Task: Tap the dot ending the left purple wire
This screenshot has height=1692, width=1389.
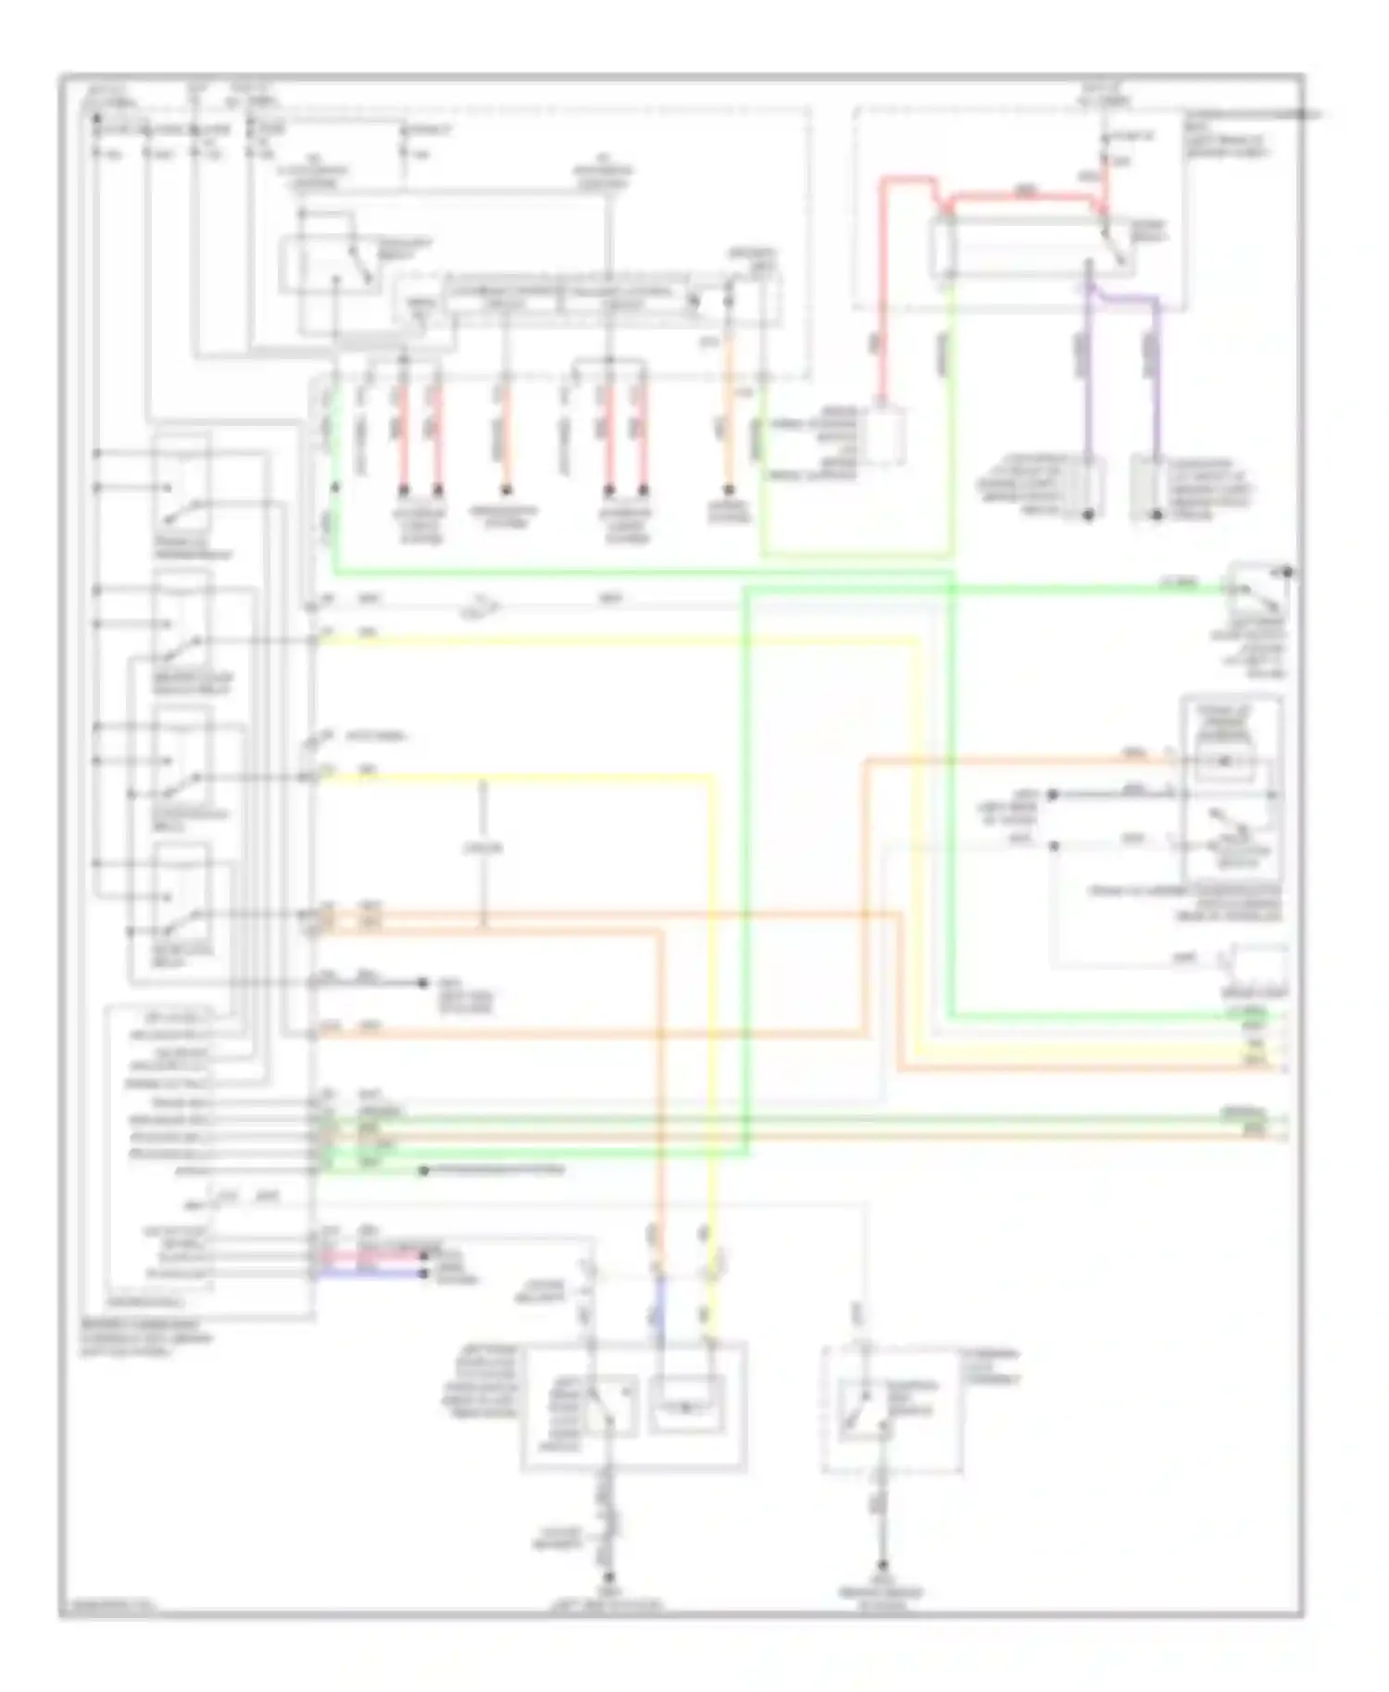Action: click(x=1088, y=515)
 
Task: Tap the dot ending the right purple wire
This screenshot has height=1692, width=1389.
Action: click(x=1156, y=515)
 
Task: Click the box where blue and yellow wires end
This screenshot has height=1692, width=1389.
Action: click(x=686, y=1405)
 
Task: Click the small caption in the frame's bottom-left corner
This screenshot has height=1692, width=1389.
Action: click(x=107, y=1607)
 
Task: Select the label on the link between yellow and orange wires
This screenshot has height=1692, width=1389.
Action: click(x=482, y=848)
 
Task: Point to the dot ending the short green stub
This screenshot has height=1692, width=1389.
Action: click(x=424, y=1172)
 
